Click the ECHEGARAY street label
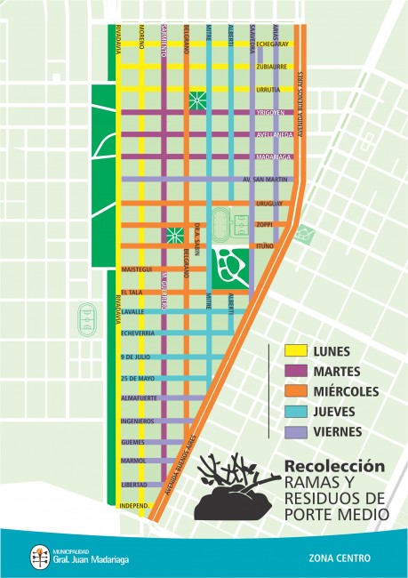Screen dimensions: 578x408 [272, 44]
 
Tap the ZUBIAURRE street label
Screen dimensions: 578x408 [272, 67]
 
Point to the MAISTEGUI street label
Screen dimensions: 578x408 [138, 269]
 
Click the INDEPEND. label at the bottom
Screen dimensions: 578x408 [134, 507]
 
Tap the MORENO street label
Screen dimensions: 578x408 [140, 36]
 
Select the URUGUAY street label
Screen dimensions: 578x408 [269, 204]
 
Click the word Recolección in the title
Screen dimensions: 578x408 [334, 466]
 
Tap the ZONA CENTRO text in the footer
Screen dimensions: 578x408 [340, 559]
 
